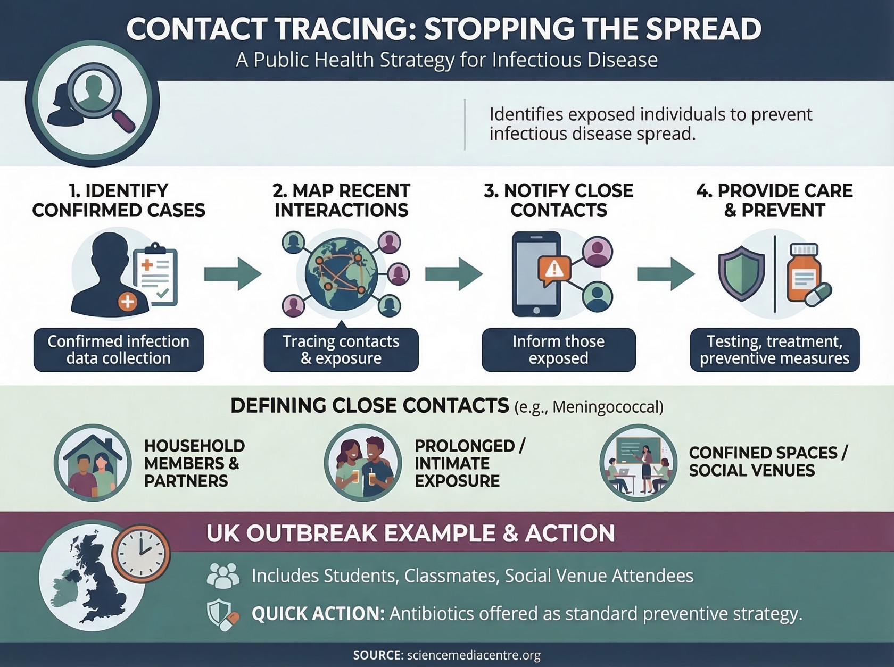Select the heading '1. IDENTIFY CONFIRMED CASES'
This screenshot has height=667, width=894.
pos(119,201)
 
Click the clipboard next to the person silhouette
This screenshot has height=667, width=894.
pos(155,274)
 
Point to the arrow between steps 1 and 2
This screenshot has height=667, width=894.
pos(233,274)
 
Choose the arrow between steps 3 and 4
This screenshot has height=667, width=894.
pos(666,274)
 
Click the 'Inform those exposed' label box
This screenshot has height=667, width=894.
pos(558,349)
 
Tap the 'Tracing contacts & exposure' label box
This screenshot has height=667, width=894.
pos(341,349)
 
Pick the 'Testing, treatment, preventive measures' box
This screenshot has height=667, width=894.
pos(775,349)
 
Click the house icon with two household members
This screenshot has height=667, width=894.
pos(93,463)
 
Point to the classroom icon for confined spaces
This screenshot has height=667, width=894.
pos(638,463)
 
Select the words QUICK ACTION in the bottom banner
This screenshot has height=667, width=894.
pos(318,614)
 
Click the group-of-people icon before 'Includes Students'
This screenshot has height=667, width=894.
pos(223,576)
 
